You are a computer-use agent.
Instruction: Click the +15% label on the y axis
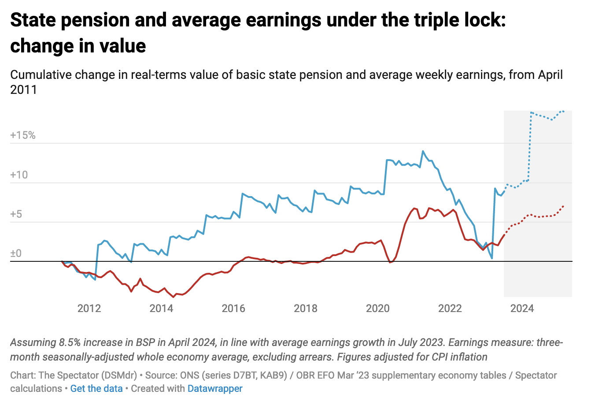click(x=23, y=135)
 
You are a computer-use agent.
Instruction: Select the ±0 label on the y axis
click(x=16, y=254)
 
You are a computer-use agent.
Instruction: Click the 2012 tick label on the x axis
click(x=89, y=309)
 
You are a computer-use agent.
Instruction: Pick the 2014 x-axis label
click(x=161, y=309)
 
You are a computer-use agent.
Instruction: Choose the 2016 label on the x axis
click(x=233, y=309)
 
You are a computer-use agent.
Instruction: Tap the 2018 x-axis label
click(x=306, y=309)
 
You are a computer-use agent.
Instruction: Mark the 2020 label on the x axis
click(x=378, y=309)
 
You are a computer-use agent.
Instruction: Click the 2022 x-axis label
click(x=450, y=309)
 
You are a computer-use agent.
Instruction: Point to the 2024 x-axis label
click(x=522, y=309)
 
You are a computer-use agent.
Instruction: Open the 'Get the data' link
click(x=96, y=389)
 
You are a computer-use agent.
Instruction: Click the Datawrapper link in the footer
click(x=215, y=389)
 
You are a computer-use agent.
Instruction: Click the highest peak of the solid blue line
click(x=423, y=151)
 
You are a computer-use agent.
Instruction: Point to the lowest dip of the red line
click(x=173, y=297)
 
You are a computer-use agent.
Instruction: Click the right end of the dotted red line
click(x=564, y=206)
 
